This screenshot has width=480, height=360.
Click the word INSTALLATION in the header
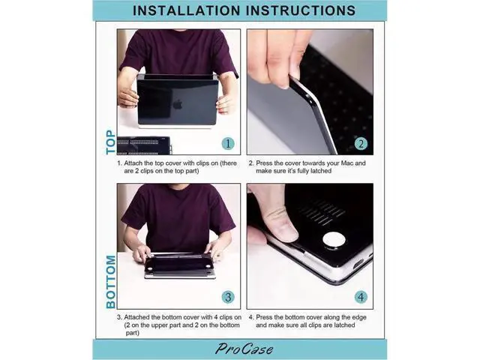187,10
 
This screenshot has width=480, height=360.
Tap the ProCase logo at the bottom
244,349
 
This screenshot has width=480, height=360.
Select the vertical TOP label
110,142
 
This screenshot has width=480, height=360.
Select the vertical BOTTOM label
110,282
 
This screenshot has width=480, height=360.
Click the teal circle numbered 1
228,143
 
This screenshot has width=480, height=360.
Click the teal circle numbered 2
361,143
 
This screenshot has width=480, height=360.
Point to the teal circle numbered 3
228,297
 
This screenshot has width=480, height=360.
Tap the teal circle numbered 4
361,297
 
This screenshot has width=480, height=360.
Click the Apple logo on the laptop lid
178,104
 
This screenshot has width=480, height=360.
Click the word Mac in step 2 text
347,163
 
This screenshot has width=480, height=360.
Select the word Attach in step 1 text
133,163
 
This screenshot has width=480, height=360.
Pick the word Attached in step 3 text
136,317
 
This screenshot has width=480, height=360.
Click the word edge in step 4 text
359,318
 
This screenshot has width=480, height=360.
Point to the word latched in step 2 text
321,171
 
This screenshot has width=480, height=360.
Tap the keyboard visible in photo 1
143,145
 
